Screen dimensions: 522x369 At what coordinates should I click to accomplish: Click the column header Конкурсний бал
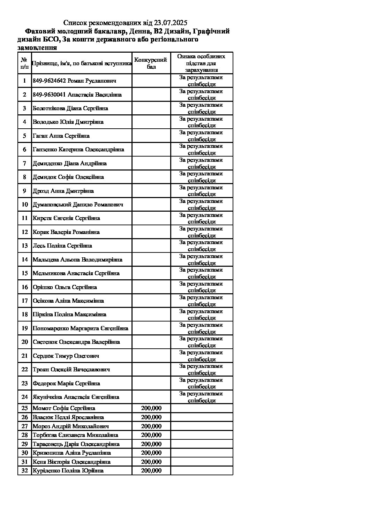151,63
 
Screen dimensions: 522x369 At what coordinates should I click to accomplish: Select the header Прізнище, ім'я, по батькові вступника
82,63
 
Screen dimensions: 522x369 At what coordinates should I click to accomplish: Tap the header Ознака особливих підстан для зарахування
201,63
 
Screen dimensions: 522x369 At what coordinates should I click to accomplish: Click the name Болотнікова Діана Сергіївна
70,108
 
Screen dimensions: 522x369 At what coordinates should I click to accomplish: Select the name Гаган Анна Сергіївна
61,136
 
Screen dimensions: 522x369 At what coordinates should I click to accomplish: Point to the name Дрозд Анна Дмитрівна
63,191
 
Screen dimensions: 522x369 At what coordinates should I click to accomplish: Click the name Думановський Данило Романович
78,204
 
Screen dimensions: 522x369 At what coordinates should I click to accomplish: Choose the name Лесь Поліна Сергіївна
62,245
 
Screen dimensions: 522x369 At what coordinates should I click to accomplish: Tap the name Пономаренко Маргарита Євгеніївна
80,328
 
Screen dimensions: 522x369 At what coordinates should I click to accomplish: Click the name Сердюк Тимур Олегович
66,356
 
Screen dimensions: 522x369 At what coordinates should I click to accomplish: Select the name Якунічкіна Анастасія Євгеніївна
76,397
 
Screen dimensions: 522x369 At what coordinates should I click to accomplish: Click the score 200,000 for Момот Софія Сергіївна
151,408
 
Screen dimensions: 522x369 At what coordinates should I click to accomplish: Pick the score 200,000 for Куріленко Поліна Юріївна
151,470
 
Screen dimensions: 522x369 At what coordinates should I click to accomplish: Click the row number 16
24,287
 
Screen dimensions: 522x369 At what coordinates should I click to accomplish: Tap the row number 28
24,435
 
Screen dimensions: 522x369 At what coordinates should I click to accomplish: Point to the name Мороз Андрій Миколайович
70,426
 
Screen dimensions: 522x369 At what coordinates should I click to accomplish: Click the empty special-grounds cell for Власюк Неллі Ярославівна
201,417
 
